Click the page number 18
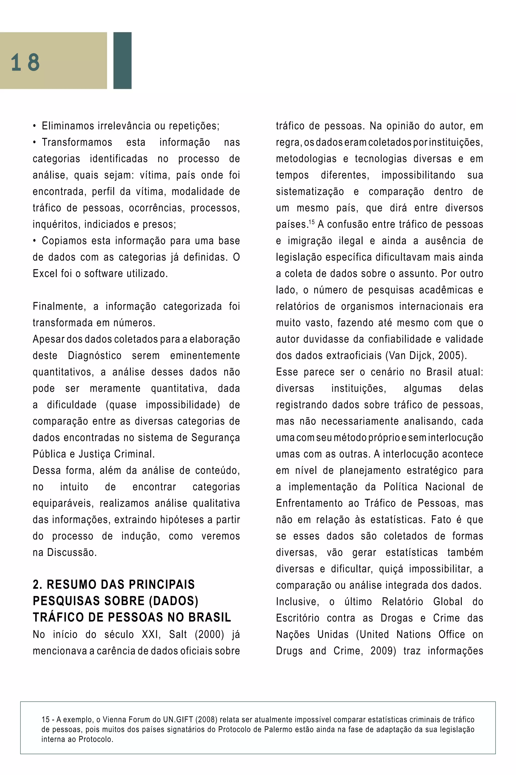[25, 62]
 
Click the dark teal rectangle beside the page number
[122, 61]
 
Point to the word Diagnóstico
[94, 355]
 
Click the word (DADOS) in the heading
[173, 601]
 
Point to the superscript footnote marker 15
[311, 222]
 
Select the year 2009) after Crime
[383, 651]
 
